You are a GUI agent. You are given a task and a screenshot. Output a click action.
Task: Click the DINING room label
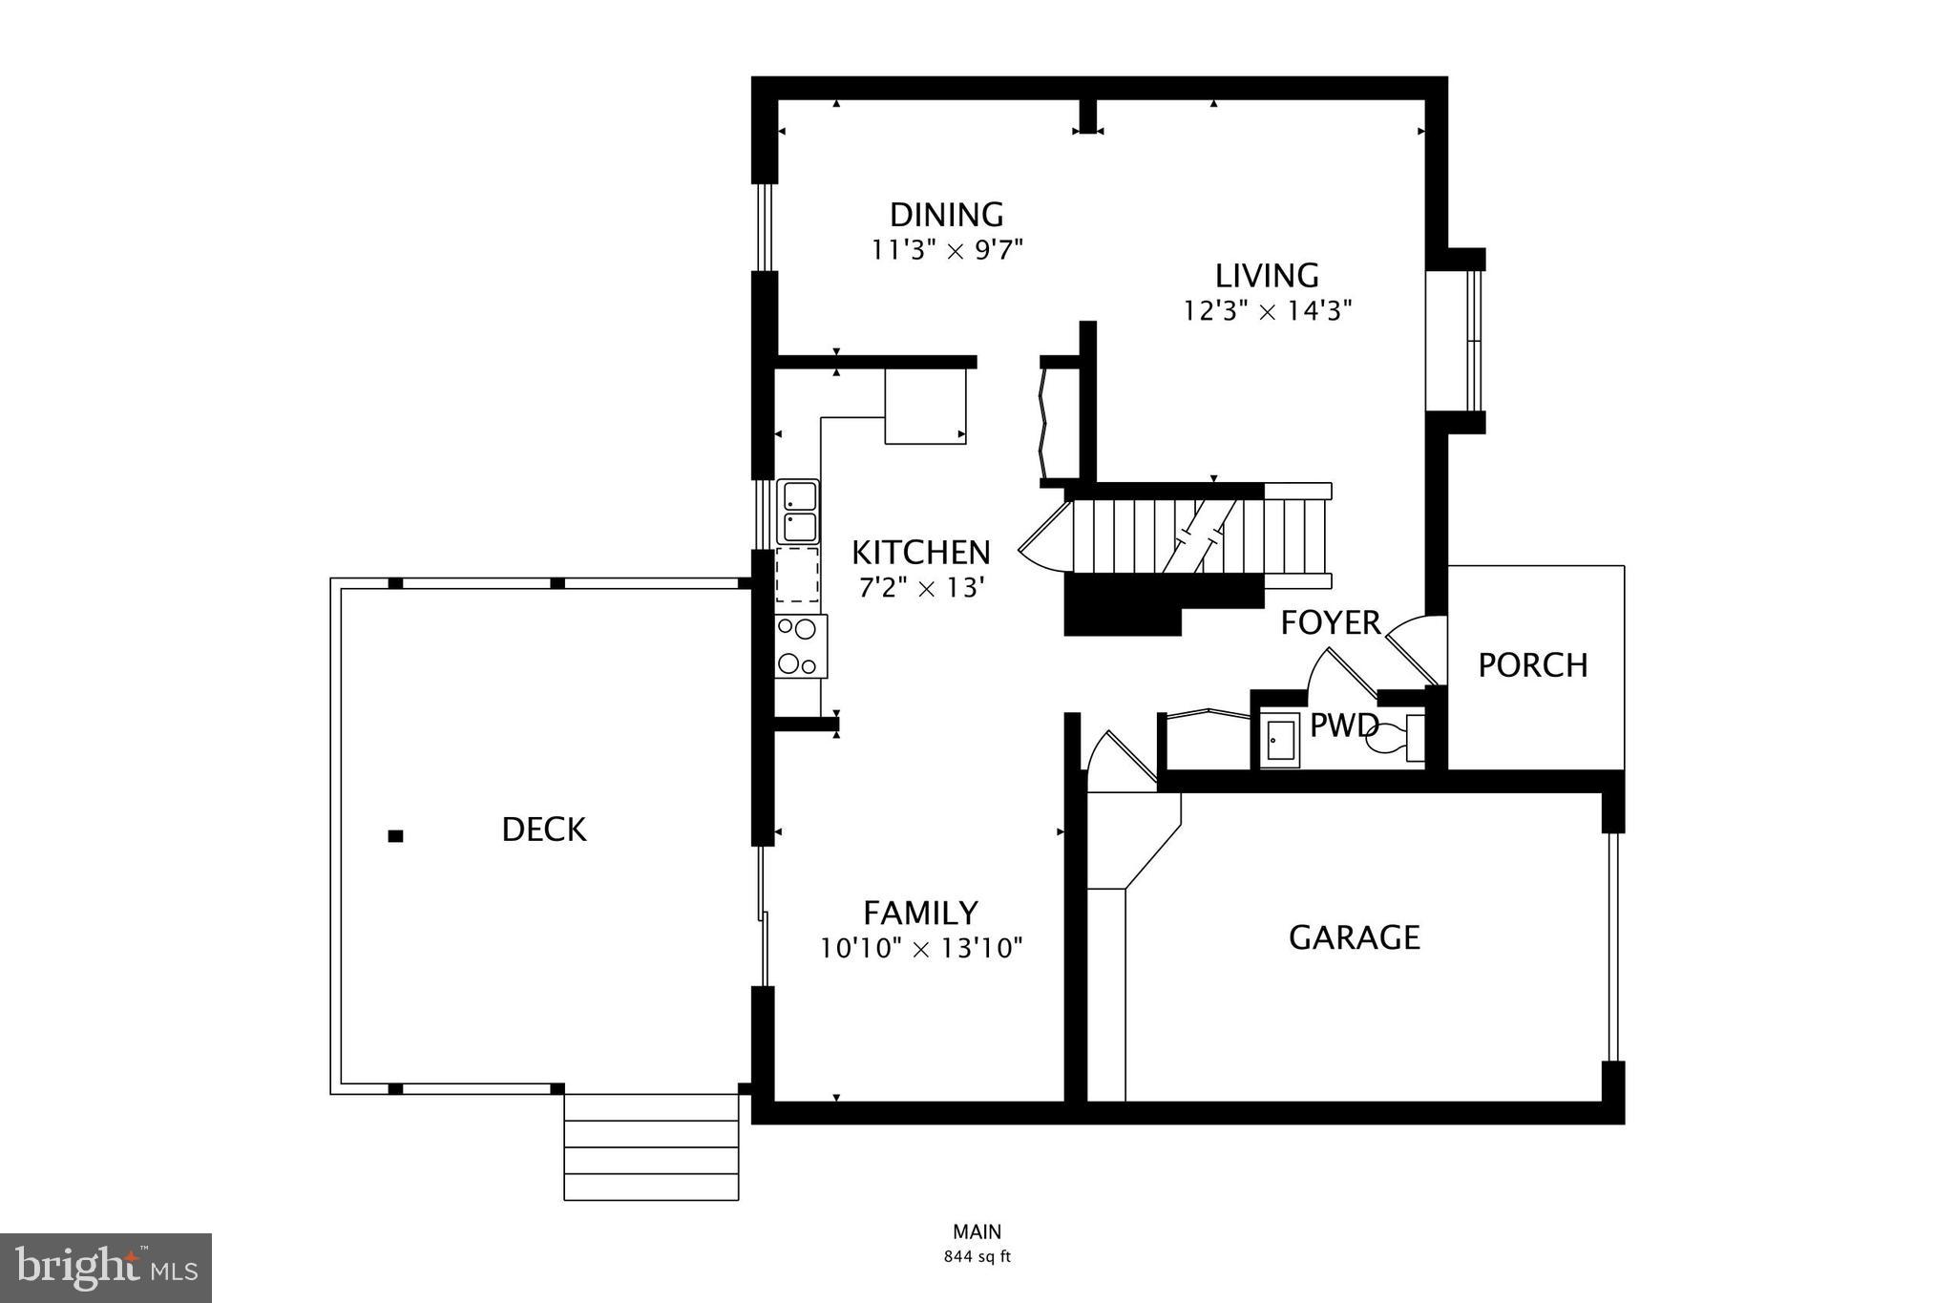coord(946,214)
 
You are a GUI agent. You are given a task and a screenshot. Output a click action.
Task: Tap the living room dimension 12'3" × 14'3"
coord(1267,311)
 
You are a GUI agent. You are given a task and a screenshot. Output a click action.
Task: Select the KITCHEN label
coord(920,553)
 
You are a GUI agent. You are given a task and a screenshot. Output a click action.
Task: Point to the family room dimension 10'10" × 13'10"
coord(921,949)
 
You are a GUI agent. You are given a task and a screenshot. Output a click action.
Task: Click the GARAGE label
coord(1354,937)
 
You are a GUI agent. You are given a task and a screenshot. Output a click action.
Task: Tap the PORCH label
coord(1532,665)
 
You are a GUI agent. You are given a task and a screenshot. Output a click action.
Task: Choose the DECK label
coord(543,830)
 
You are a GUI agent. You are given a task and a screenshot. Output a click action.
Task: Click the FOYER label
coord(1330,623)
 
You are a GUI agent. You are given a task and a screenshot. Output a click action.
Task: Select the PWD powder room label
coord(1342,725)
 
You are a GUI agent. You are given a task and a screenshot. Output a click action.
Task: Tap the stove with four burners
coord(800,646)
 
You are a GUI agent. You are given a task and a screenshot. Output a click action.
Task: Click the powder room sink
coord(1279,741)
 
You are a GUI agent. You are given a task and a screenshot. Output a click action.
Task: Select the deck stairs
coord(651,1147)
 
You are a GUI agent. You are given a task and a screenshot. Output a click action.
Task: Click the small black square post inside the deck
coord(395,836)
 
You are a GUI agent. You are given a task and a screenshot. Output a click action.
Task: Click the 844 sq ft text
coord(977,1257)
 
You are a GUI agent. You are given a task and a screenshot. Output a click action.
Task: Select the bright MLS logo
coord(106,1268)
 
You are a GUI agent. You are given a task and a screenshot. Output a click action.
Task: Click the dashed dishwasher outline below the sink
coord(798,574)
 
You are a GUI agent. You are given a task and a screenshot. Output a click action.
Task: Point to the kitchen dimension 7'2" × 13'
coord(920,588)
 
